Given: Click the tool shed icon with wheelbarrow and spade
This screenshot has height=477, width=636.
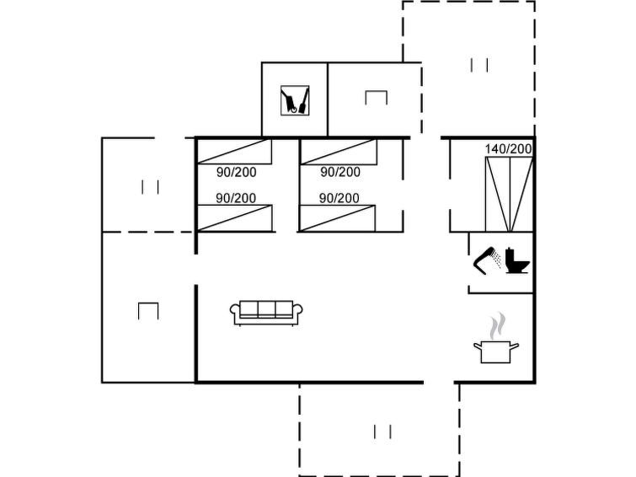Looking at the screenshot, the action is click(295, 100).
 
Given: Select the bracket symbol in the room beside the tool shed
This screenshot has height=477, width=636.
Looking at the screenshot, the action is click(376, 98).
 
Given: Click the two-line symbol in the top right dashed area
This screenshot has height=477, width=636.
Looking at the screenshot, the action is click(479, 65).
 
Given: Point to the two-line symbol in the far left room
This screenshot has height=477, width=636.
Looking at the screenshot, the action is click(150, 187).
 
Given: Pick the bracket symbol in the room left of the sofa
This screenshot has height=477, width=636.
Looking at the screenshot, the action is click(148, 311).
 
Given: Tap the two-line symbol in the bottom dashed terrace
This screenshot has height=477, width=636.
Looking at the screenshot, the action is click(382, 431).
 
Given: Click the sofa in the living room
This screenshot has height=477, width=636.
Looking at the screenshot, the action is click(266, 313).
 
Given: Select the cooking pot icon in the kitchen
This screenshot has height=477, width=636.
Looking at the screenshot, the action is click(495, 352).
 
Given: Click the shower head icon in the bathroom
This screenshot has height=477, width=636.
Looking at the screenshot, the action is click(487, 260).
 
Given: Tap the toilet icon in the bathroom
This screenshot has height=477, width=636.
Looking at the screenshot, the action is click(517, 260).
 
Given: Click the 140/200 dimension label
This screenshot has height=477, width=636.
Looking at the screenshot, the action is click(508, 149).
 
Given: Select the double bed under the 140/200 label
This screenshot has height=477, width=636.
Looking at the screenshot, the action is click(509, 195).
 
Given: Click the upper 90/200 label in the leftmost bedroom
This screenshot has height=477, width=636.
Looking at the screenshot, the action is click(237, 172).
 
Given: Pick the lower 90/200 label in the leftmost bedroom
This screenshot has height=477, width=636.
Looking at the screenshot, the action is click(236, 198).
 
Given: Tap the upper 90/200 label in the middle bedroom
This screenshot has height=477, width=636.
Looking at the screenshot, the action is click(340, 172).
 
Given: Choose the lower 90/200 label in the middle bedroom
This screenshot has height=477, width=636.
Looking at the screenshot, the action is click(339, 198).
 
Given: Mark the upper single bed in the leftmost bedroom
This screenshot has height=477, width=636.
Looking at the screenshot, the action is click(234, 152).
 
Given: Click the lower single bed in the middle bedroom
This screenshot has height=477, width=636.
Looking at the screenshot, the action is click(338, 218).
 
